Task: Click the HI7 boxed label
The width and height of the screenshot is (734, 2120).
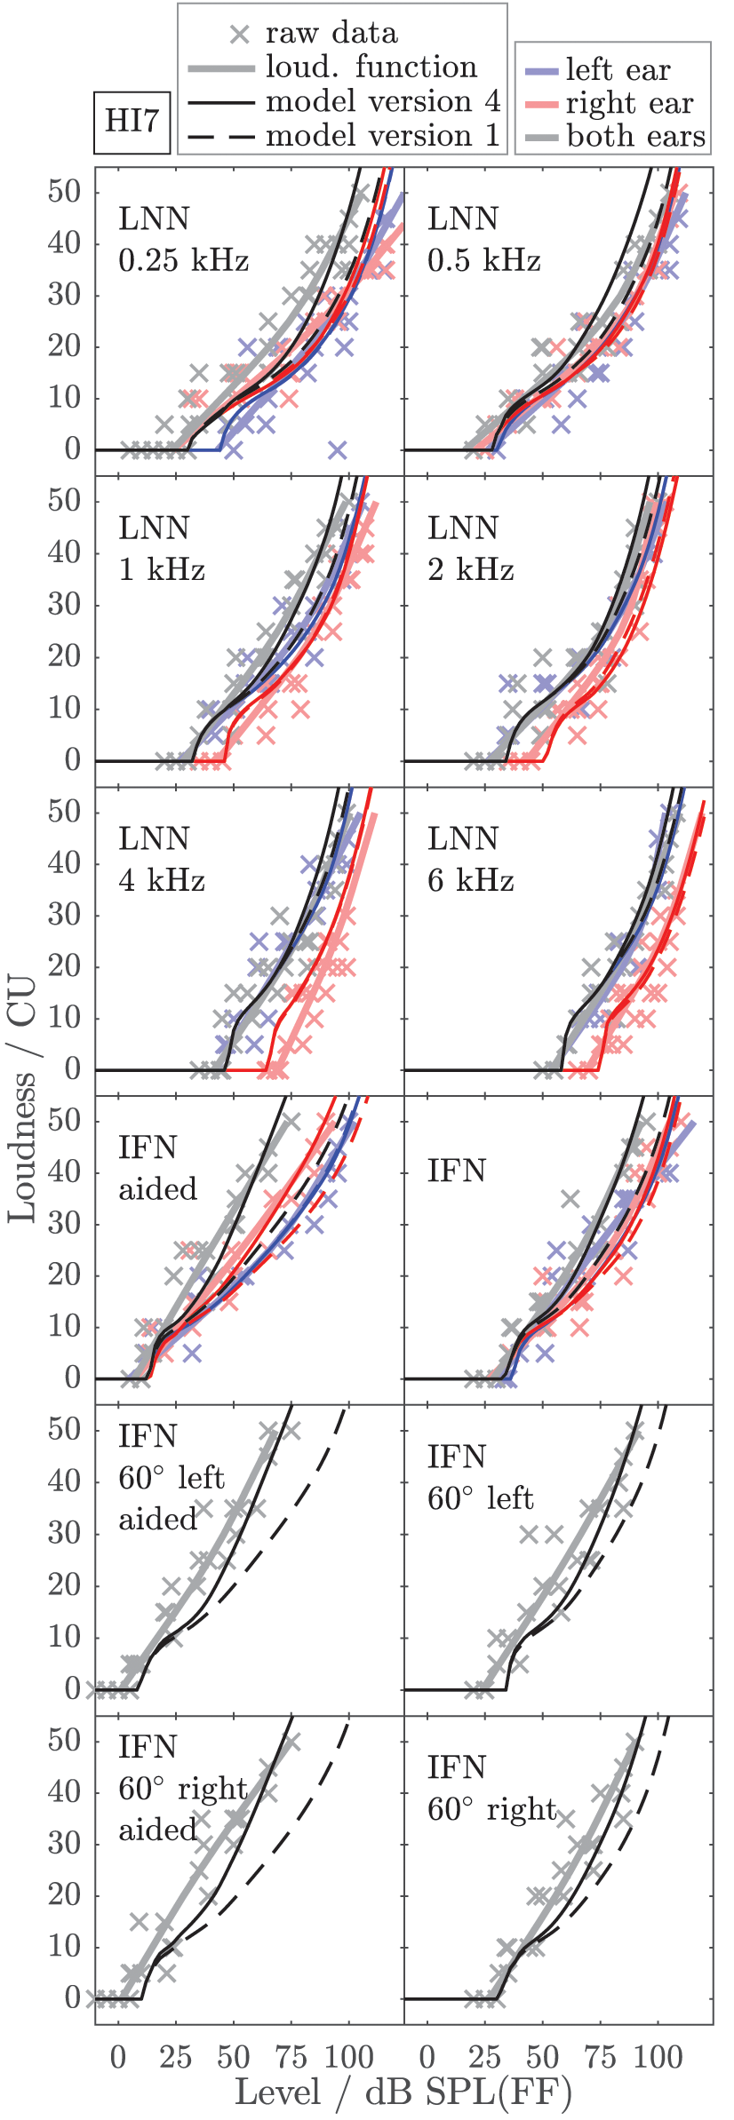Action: (132, 121)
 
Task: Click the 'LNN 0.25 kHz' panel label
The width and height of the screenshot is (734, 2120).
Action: (182, 240)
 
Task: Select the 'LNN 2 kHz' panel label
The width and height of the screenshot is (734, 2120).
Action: (470, 549)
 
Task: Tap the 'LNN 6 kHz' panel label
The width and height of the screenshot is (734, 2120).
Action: (470, 859)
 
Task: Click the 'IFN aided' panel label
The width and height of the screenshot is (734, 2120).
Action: (157, 1168)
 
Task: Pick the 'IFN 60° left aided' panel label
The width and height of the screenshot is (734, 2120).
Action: (171, 1478)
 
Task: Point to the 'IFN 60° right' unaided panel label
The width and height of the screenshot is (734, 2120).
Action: (491, 1788)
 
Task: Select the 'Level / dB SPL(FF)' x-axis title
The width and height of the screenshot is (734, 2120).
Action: (403, 2092)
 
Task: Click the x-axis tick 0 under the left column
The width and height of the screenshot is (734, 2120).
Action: (118, 2058)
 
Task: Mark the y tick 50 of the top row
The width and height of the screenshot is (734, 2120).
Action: (65, 191)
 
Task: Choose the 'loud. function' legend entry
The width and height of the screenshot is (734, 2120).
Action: (371, 67)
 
